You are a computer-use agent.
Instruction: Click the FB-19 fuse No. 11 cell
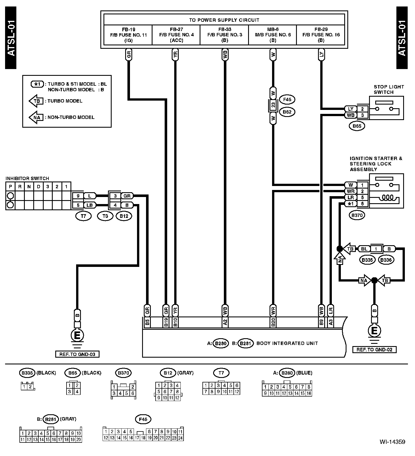pos(128,35)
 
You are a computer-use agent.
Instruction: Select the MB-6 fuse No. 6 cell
pos(273,35)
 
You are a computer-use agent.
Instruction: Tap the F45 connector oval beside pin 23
pos(287,99)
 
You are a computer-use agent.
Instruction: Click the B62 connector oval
pos(287,112)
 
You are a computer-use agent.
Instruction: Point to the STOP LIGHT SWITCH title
pos(389,89)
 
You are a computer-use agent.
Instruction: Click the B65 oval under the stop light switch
pos(357,126)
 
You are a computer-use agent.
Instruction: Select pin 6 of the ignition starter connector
pos(363,204)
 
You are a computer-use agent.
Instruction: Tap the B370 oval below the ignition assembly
pos(357,216)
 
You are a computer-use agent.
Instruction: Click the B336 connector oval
pos(386,260)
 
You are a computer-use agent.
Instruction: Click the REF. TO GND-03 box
pos(77,354)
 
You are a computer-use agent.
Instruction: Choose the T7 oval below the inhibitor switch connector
pos(83,216)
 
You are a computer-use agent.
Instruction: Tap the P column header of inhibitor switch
pos(10,187)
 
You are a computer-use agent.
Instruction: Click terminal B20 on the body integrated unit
pos(273,322)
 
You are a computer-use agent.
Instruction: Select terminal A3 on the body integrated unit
pos(331,322)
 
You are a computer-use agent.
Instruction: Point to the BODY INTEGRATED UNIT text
pos(287,343)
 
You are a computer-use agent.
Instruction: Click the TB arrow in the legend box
pos(36,101)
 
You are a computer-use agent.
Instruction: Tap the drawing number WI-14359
pos(392,442)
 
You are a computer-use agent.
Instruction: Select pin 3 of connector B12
pos(115,196)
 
